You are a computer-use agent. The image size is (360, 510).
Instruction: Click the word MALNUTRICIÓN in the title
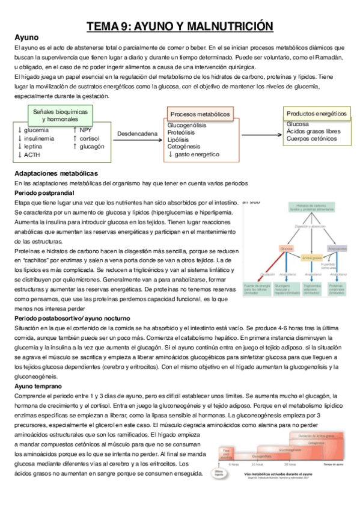pos(229,26)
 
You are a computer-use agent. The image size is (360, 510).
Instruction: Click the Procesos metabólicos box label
pos(200,114)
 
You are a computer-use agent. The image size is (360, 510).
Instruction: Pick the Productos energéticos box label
pos(317,113)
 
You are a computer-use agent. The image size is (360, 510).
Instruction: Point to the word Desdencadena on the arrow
pos(138,134)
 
